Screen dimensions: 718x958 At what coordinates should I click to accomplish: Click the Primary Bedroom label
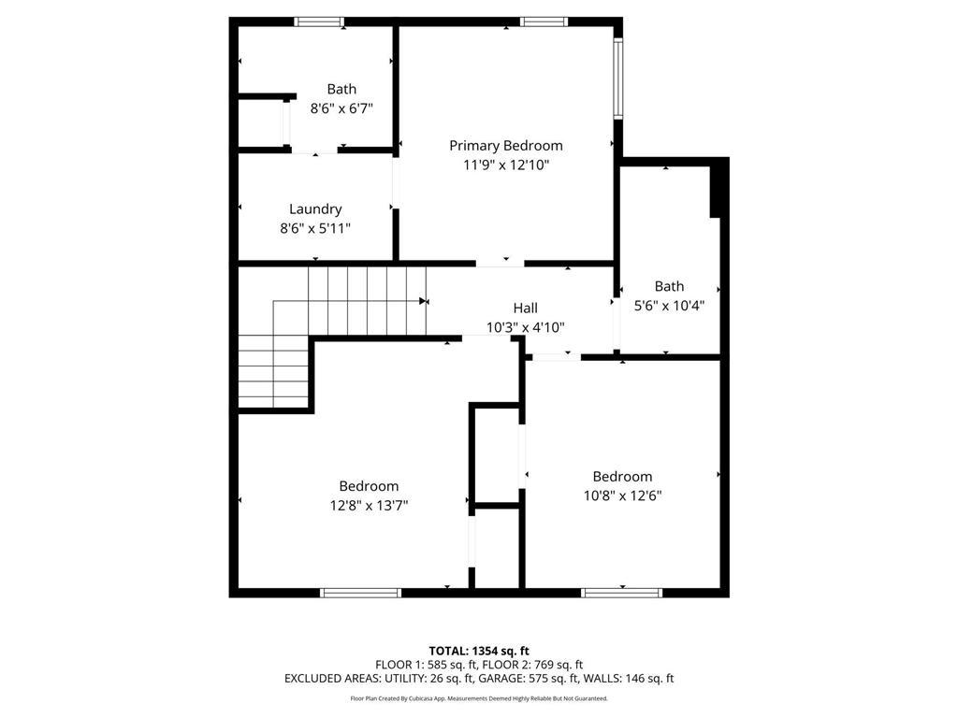click(506, 146)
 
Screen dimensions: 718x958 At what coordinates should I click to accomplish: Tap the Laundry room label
click(315, 209)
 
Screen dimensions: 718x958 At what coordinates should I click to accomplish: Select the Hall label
click(525, 308)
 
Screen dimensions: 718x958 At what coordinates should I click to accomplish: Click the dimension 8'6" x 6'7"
click(341, 108)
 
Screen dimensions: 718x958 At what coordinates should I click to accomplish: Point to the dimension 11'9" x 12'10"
click(506, 165)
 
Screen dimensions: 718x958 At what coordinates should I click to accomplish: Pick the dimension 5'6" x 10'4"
click(669, 305)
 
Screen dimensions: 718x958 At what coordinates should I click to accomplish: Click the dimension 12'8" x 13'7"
click(369, 505)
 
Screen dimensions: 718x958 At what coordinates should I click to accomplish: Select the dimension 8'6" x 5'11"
click(315, 228)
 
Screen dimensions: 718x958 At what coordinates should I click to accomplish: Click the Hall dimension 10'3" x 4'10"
click(525, 327)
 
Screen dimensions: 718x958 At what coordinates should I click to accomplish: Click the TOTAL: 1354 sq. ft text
click(479, 651)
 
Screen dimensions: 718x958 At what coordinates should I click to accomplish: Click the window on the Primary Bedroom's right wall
click(618, 79)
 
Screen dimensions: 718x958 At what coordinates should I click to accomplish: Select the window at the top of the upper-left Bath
click(319, 22)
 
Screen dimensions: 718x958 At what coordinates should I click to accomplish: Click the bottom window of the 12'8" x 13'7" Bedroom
click(361, 592)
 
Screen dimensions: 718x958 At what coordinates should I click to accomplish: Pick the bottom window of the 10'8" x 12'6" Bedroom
click(622, 592)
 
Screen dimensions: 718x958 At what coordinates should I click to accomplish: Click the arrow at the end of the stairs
click(425, 301)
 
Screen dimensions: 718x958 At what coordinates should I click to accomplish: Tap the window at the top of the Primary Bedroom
click(544, 22)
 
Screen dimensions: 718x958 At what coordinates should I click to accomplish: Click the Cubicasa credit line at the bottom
click(479, 698)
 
